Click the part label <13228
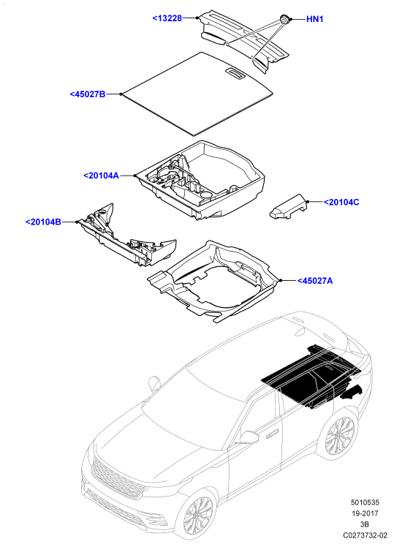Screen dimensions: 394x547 tap(167, 18)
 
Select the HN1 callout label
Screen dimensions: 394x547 tap(315, 19)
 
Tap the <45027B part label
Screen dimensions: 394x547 tap(88, 94)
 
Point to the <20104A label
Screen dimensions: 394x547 tap(102, 176)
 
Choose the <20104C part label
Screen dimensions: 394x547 tap(341, 203)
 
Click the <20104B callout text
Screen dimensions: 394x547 tap(43, 222)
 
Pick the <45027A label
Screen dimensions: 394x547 tap(315, 281)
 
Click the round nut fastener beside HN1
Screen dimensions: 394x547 tap(285, 20)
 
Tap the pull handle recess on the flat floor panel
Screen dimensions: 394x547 tap(235, 72)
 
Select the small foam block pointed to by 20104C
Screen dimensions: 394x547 tap(288, 207)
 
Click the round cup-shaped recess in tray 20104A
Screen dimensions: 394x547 tap(206, 195)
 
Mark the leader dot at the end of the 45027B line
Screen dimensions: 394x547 tap(121, 94)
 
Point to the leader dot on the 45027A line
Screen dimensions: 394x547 tap(280, 281)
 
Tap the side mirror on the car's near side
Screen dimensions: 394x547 tap(250, 437)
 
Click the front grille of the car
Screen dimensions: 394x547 tap(118, 479)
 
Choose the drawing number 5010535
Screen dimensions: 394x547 tap(365, 502)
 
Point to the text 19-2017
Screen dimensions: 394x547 tap(365, 513)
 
